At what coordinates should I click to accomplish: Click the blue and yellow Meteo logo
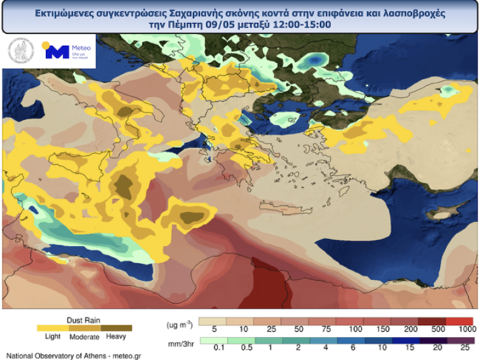(x=66, y=52)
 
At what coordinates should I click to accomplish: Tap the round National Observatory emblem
(x=20, y=52)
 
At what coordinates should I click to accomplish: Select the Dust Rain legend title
(x=84, y=319)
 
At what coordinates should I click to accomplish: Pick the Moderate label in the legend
(x=84, y=336)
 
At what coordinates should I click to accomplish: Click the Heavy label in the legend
(x=116, y=336)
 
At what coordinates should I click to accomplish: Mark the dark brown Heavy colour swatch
(x=116, y=328)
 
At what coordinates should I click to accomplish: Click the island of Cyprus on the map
(x=443, y=215)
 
